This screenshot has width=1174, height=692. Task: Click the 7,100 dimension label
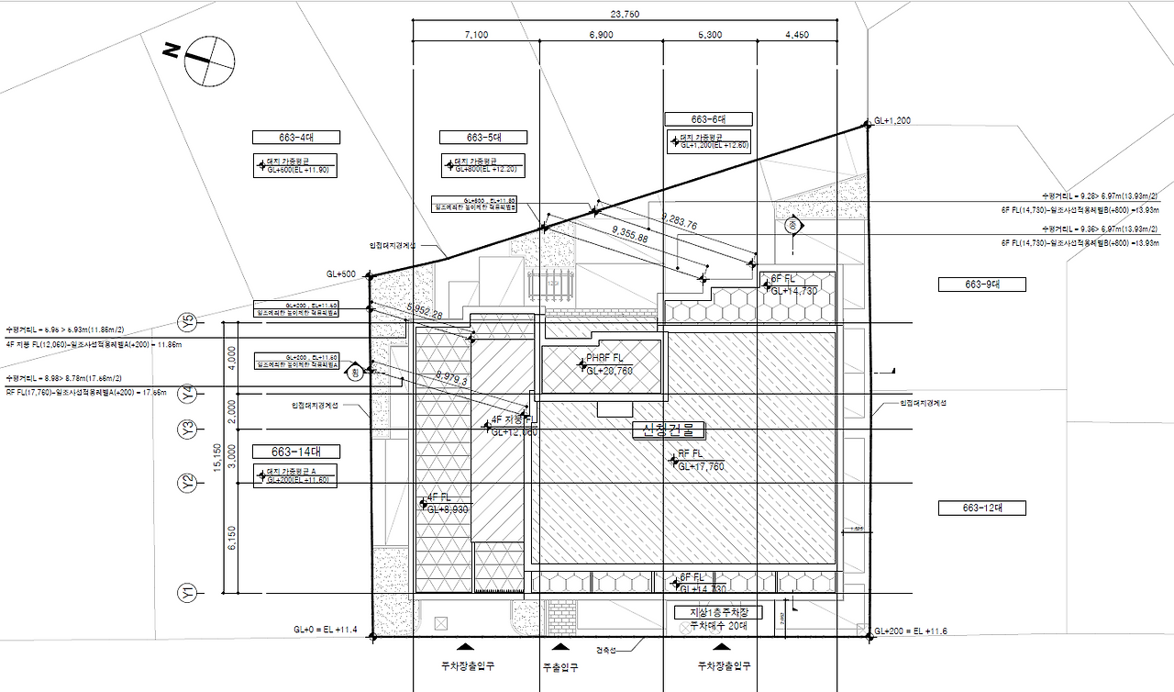(x=476, y=35)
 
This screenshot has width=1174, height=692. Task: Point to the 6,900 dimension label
(x=601, y=35)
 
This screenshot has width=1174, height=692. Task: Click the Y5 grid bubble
(x=188, y=323)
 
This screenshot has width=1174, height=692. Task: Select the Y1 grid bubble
(x=188, y=594)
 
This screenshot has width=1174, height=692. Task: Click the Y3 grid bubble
(x=188, y=429)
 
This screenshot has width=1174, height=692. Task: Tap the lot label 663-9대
(x=981, y=285)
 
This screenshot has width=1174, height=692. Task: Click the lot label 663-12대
(x=981, y=508)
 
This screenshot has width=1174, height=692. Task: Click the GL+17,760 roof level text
(x=702, y=466)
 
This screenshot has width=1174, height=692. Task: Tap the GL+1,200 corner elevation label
(x=892, y=121)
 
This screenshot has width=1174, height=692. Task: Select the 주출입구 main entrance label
(x=560, y=667)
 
